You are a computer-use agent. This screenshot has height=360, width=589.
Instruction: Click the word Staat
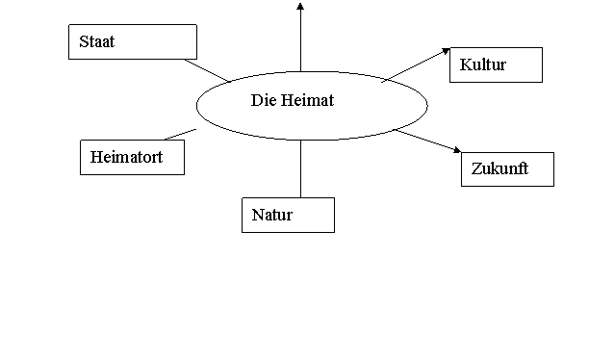point(97,41)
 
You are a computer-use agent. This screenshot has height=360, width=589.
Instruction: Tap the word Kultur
point(483,64)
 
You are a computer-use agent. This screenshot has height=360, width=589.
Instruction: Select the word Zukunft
point(499,168)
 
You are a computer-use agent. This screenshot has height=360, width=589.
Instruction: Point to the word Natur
point(272,215)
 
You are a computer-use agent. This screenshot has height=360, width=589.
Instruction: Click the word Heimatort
point(127,157)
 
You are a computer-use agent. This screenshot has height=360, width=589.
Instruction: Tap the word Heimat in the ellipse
point(308,100)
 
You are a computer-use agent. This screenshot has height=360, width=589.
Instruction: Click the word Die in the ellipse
point(264,100)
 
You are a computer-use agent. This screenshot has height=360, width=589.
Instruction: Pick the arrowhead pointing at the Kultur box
point(447,51)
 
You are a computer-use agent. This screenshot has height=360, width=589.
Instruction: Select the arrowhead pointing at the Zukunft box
point(457,150)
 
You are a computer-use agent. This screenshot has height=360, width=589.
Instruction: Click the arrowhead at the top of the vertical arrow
point(300,6)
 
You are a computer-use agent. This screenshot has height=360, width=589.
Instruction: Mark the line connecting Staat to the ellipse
point(207,70)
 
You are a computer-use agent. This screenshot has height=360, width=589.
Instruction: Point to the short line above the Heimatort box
point(180,134)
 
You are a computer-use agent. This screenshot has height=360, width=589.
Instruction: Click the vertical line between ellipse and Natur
point(300,168)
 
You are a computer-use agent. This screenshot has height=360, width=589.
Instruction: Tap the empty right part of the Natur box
point(314,215)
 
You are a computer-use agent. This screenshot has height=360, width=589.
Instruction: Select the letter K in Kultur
point(466,64)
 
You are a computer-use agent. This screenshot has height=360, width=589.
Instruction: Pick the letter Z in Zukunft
point(476,168)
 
